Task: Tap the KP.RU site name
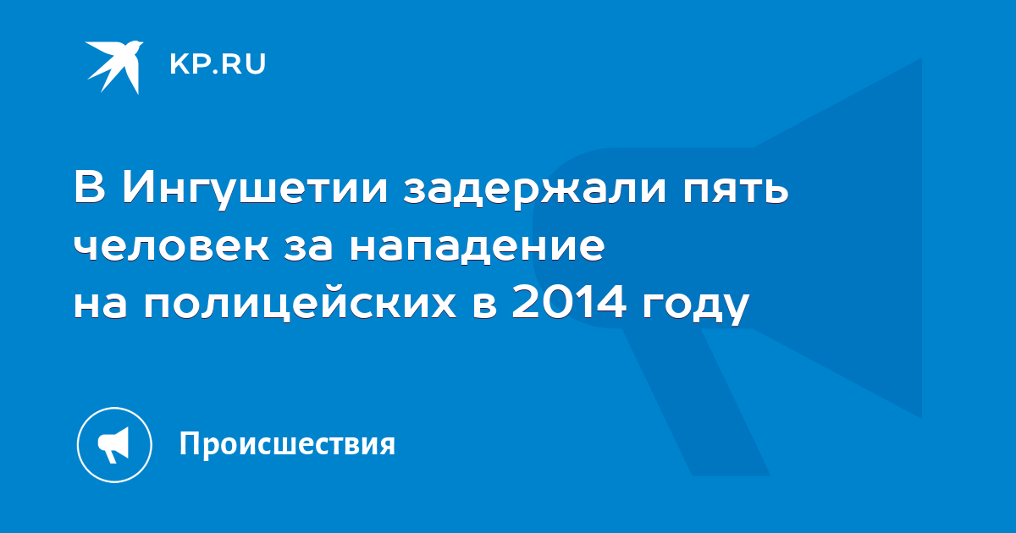(218, 64)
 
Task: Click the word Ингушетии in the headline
(255, 189)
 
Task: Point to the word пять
(736, 189)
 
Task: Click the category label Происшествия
(288, 444)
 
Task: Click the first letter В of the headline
(90, 187)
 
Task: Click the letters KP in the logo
(190, 64)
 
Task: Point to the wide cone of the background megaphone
(838, 238)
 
